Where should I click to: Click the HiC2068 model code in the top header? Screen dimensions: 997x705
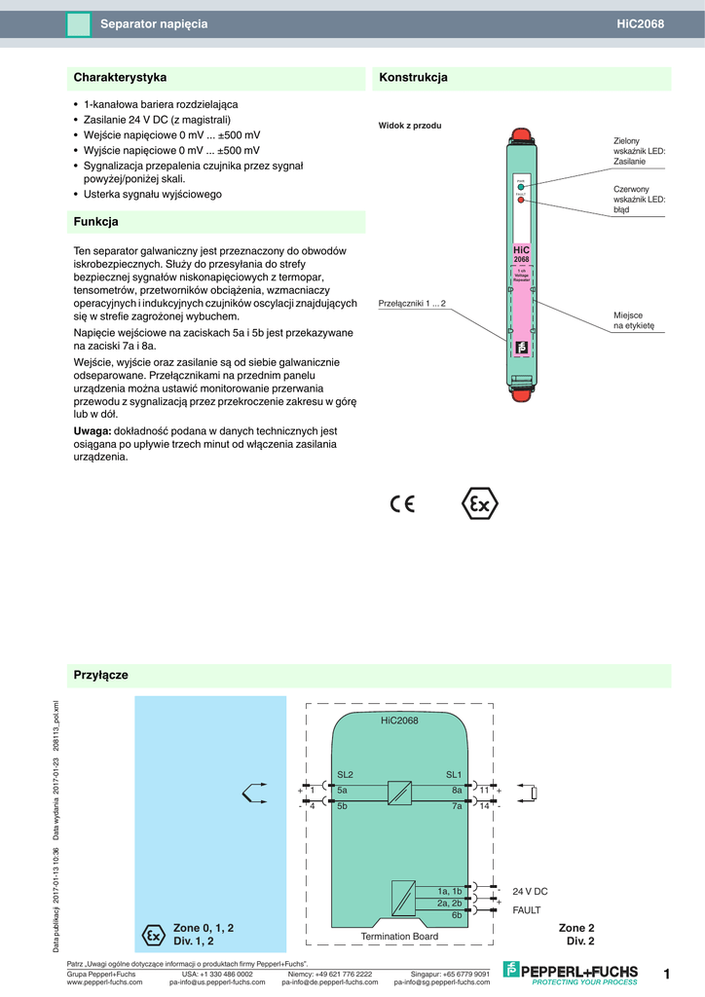pyautogui.click(x=641, y=23)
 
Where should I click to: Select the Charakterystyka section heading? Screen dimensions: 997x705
pyautogui.click(x=120, y=77)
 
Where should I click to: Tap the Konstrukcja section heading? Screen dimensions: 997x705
pyautogui.click(x=413, y=77)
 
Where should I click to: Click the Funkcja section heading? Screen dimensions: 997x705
pyautogui.click(x=95, y=222)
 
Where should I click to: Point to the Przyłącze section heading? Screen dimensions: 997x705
pyautogui.click(x=101, y=675)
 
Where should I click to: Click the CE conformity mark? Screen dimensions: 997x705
pyautogui.click(x=402, y=504)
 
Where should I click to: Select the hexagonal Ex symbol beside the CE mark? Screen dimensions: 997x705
pyautogui.click(x=478, y=504)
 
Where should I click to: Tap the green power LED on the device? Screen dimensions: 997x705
pyautogui.click(x=520, y=185)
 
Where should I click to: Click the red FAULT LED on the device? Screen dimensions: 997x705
pyautogui.click(x=520, y=200)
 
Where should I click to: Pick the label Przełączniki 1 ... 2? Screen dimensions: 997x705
pyautogui.click(x=412, y=304)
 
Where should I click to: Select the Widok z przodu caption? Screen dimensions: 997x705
pyautogui.click(x=410, y=126)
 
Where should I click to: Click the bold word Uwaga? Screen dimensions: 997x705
pyautogui.click(x=93, y=430)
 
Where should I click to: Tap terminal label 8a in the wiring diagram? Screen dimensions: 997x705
pyautogui.click(x=457, y=790)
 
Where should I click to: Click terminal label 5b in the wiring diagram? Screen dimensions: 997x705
pyautogui.click(x=342, y=806)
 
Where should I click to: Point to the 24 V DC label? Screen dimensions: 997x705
pyautogui.click(x=530, y=891)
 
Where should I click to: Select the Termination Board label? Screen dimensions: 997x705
pyautogui.click(x=399, y=937)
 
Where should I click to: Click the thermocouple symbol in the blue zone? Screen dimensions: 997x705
pyautogui.click(x=253, y=794)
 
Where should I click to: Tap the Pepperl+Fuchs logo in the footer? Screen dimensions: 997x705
pyautogui.click(x=571, y=972)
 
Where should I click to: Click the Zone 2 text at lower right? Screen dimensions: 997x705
pyautogui.click(x=576, y=928)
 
